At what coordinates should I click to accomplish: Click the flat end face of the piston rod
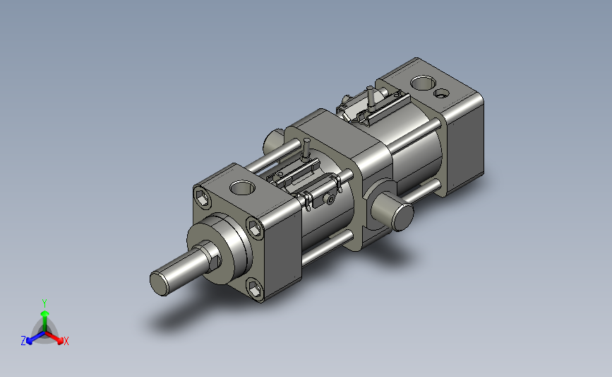coord(160,284)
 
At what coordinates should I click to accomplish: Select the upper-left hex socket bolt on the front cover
coord(203,198)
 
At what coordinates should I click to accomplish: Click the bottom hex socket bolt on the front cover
coord(255,290)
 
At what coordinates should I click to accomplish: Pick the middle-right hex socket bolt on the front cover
coord(255,228)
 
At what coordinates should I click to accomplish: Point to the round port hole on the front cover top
coord(242,187)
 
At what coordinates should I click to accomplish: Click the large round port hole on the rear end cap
coord(423,83)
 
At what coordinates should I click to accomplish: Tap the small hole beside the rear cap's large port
coord(441,93)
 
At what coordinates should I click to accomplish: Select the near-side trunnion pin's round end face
coord(403,217)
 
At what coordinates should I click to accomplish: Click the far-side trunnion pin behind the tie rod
coord(274,141)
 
